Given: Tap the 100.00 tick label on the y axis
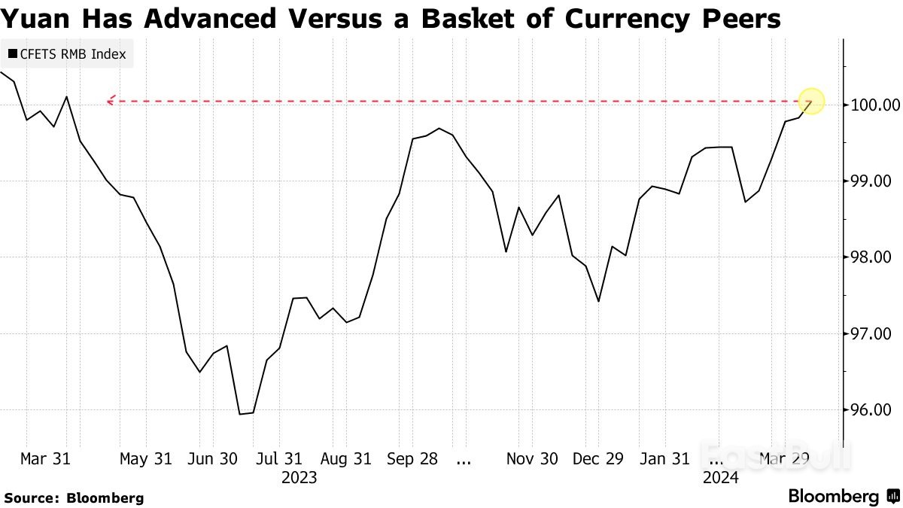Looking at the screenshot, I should [x=871, y=105].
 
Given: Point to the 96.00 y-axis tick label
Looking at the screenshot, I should [x=871, y=410].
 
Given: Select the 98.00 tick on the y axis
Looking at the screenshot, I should [x=871, y=257].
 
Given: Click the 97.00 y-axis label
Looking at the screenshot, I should [x=871, y=333].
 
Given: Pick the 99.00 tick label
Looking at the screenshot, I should [x=871, y=181].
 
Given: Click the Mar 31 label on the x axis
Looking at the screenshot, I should [x=45, y=459].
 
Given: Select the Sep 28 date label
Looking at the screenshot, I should [x=413, y=459].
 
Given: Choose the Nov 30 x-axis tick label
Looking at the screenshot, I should [x=532, y=459].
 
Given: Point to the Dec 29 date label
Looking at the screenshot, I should [x=598, y=459].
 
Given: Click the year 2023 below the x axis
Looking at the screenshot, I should [x=299, y=478].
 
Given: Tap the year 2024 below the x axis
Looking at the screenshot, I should [x=720, y=478].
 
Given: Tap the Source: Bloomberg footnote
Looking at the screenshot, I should [x=74, y=497].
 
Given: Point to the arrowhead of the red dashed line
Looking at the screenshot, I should [x=110, y=101].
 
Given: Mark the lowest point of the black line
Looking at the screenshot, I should [x=241, y=414].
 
